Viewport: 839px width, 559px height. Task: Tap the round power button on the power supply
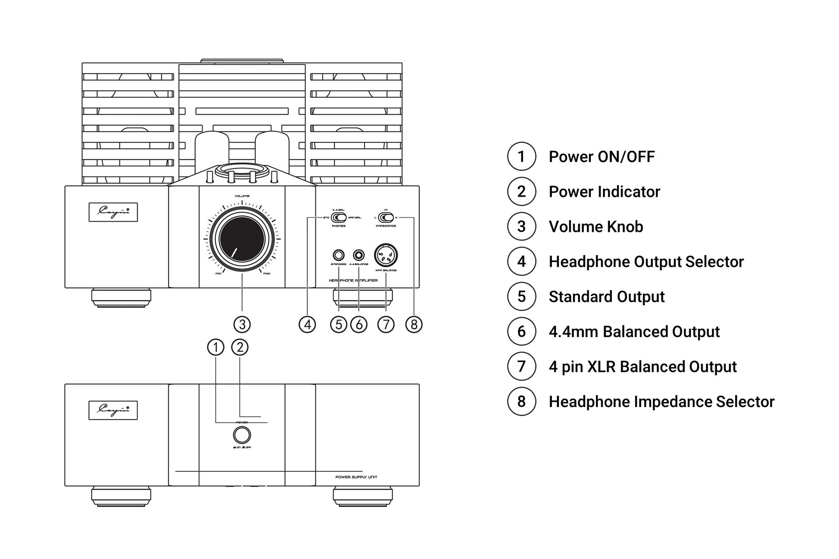pyautogui.click(x=242, y=435)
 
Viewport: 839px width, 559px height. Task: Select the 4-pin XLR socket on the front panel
pyautogui.click(x=386, y=255)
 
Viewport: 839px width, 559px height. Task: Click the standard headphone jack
pyautogui.click(x=339, y=255)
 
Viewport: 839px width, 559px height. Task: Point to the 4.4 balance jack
pyautogui.click(x=359, y=255)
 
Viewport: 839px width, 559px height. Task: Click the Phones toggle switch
pyautogui.click(x=339, y=217)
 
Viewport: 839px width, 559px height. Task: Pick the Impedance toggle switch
pyautogui.click(x=385, y=217)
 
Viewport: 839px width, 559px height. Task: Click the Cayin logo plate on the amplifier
pyautogui.click(x=113, y=212)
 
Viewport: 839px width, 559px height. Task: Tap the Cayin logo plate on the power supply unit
pyautogui.click(x=113, y=411)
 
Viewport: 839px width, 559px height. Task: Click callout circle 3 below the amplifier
pyautogui.click(x=242, y=324)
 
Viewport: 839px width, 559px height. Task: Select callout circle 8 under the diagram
pyautogui.click(x=414, y=324)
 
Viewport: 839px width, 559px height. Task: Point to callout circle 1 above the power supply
pyautogui.click(x=215, y=348)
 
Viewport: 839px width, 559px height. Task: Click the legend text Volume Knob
pyautogui.click(x=596, y=227)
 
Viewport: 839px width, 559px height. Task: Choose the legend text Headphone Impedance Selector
pyautogui.click(x=661, y=402)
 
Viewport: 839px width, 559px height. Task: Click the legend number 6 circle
pyautogui.click(x=521, y=331)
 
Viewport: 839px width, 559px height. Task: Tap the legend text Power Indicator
pyautogui.click(x=604, y=192)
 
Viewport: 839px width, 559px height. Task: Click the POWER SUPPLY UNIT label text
pyautogui.click(x=356, y=477)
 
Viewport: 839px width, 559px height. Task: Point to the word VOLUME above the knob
pyautogui.click(x=242, y=196)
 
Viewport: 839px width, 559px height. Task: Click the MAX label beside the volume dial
pyautogui.click(x=267, y=274)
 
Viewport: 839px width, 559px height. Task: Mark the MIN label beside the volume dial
pyautogui.click(x=218, y=274)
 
